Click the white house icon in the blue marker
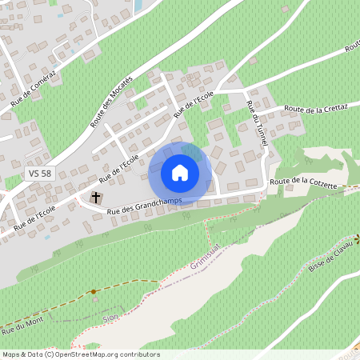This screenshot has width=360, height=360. pos(180,173)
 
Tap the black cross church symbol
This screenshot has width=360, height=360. pos(96,197)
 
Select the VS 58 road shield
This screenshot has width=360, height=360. pos(38,173)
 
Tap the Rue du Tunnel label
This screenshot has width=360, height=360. pos(256,124)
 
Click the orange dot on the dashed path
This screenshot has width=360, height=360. pos(94,292)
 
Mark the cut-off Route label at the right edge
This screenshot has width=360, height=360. pos(352,47)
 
